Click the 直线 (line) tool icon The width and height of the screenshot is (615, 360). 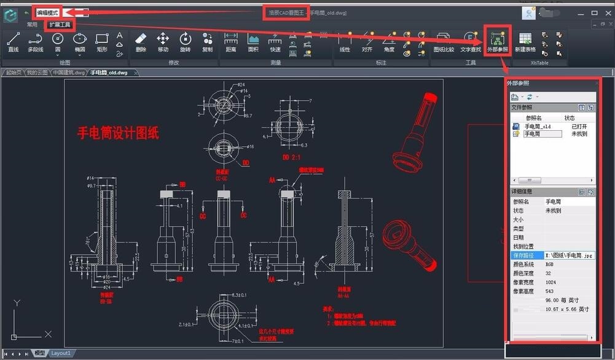(13, 41)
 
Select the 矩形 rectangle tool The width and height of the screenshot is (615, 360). (102, 41)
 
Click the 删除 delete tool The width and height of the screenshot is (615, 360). (141, 41)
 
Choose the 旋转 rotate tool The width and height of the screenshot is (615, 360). (185, 41)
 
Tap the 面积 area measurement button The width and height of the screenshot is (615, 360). (253, 41)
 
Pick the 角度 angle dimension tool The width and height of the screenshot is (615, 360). (389, 41)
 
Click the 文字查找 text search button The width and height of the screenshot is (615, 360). (471, 41)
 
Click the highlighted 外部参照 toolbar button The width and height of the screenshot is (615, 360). (498, 41)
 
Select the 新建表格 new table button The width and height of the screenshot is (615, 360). (525, 41)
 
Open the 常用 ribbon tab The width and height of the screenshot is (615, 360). (32, 25)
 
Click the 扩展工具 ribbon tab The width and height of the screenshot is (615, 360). (60, 25)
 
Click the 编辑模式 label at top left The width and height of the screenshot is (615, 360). (47, 12)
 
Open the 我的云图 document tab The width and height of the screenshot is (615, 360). (36, 72)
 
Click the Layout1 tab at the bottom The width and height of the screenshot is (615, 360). (60, 353)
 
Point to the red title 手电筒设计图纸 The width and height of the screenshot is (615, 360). (118, 133)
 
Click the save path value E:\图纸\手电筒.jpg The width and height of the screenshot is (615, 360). (569, 255)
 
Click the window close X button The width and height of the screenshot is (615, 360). (606, 12)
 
